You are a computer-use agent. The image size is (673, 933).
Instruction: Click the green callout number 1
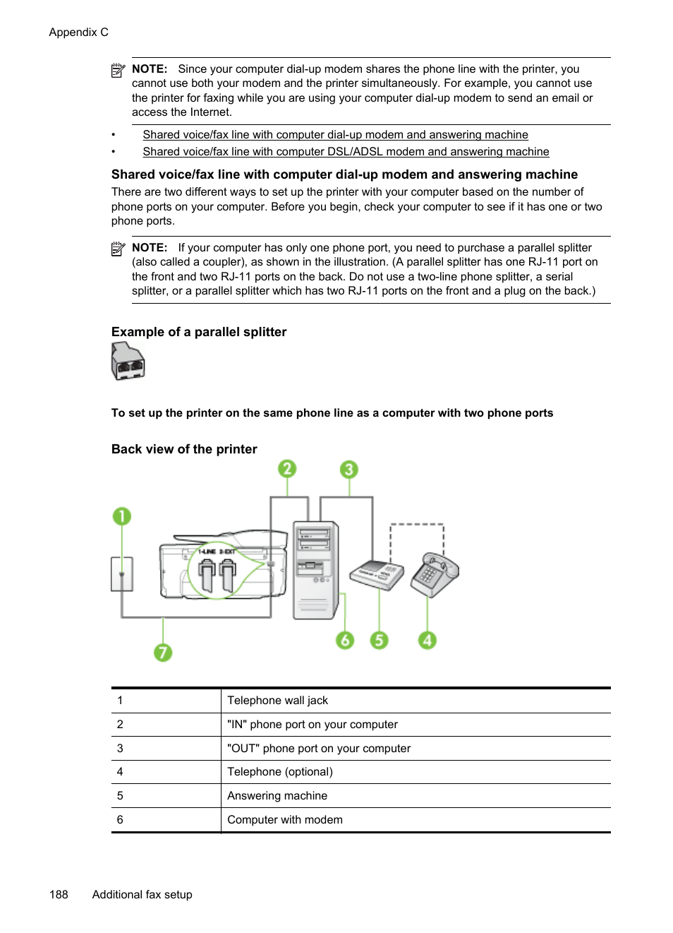pyautogui.click(x=122, y=516)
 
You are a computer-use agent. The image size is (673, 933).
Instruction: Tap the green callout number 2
pyautogui.click(x=286, y=469)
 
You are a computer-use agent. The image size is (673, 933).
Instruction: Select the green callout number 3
pyautogui.click(x=348, y=470)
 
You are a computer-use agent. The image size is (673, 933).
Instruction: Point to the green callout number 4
pyautogui.click(x=427, y=640)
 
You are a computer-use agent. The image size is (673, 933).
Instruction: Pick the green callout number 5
pyautogui.click(x=379, y=640)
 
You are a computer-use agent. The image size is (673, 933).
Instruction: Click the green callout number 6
pyautogui.click(x=344, y=640)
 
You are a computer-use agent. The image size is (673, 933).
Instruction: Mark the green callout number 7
pyautogui.click(x=163, y=652)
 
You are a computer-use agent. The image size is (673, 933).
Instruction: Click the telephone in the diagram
pyautogui.click(x=434, y=574)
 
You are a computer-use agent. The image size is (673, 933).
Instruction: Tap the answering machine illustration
pyautogui.click(x=377, y=574)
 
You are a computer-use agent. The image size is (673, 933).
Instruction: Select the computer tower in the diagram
pyautogui.click(x=315, y=569)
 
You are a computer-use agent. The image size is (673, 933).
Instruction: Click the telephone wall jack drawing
pyautogui.click(x=122, y=574)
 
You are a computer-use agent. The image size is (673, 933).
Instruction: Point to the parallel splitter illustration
pyautogui.click(x=128, y=362)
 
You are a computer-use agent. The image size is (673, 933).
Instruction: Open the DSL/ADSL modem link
pyautogui.click(x=346, y=152)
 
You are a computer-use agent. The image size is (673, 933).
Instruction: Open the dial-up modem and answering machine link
pyautogui.click(x=335, y=135)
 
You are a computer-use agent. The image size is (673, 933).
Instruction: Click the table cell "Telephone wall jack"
pyautogui.click(x=277, y=701)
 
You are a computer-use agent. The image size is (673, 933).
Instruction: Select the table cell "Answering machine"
pyautogui.click(x=277, y=796)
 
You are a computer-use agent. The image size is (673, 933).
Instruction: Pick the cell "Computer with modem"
pyautogui.click(x=284, y=820)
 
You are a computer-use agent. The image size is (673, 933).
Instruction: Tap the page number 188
pyautogui.click(x=59, y=895)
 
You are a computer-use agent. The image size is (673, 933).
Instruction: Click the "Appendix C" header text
pyautogui.click(x=78, y=32)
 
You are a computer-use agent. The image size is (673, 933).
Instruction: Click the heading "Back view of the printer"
pyautogui.click(x=184, y=449)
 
